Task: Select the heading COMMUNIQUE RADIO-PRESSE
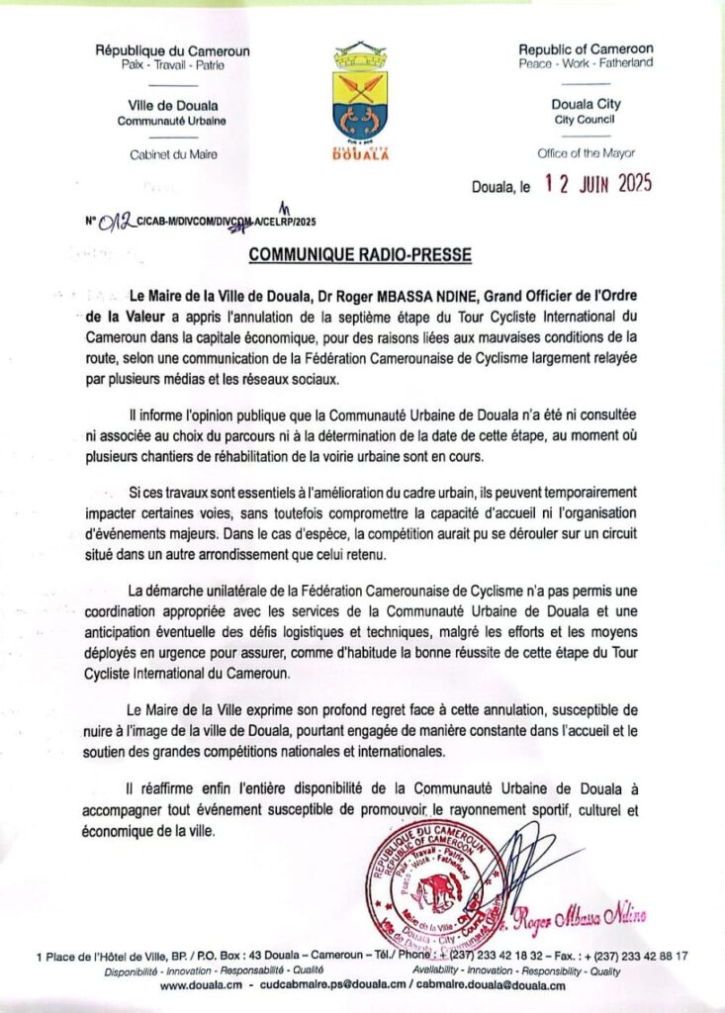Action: (360, 254)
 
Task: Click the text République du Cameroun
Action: (173, 50)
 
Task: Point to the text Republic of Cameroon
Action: (586, 48)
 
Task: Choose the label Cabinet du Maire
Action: (173, 154)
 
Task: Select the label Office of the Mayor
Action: (586, 153)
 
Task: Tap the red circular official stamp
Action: (435, 895)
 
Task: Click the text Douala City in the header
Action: (586, 105)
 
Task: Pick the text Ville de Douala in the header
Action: (173, 105)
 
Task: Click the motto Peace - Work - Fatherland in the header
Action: (586, 63)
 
